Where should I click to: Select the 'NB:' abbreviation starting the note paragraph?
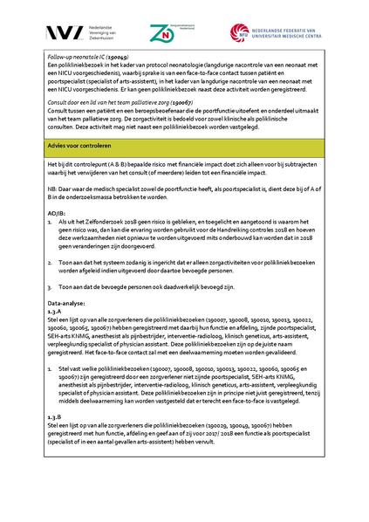pos(52,188)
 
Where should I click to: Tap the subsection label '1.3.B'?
pos(56,417)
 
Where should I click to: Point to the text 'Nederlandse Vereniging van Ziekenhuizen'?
pos(91,33)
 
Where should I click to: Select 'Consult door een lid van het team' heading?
pos(98,102)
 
